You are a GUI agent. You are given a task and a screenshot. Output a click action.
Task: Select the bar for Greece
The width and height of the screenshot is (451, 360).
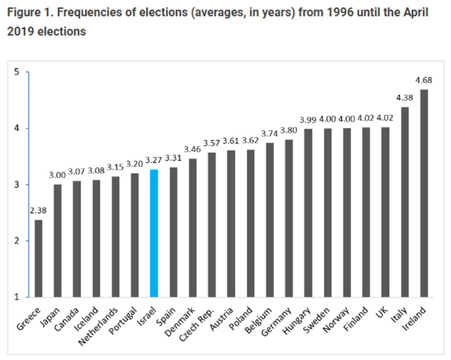coord(38,258)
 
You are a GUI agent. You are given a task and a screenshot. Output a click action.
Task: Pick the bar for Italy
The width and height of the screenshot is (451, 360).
coord(404,202)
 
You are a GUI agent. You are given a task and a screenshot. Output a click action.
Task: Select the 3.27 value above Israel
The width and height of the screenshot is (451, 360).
coord(153,162)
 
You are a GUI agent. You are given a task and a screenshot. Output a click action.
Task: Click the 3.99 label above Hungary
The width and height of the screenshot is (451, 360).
coord(307,119)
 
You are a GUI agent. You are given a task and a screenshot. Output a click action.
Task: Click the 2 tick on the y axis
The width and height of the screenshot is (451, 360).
coord(16,241)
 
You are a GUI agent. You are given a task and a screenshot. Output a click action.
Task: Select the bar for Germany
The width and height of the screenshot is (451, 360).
coord(288,218)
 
